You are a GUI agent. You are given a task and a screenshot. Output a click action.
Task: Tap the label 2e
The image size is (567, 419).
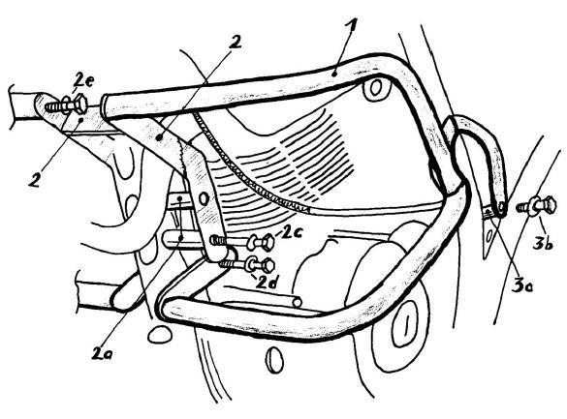click(x=84, y=79)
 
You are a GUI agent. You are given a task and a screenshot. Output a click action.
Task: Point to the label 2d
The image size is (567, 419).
click(x=267, y=283)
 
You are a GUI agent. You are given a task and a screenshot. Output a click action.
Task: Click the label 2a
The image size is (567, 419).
click(x=103, y=353)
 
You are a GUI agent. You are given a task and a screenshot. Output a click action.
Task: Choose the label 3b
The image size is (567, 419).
click(x=543, y=244)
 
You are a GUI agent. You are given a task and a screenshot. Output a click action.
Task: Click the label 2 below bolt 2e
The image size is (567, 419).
click(x=35, y=179)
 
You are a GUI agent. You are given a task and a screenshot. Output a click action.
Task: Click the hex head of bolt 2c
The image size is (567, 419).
click(x=268, y=242)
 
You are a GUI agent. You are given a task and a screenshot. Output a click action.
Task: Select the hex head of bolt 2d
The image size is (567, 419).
click(x=268, y=266)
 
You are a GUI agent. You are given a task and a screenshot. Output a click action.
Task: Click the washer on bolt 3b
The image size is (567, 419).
click(x=533, y=207)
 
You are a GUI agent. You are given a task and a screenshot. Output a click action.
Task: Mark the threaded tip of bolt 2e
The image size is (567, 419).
click(x=51, y=106)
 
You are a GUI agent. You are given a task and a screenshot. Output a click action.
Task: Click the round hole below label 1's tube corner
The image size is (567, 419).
click(x=376, y=88)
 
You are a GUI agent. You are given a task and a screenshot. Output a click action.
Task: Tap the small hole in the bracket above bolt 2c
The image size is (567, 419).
click(x=204, y=198)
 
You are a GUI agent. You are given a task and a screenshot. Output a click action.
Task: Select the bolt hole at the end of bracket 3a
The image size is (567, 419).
click(x=501, y=207)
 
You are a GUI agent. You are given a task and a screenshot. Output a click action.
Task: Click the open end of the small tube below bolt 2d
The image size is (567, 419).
click(x=297, y=303)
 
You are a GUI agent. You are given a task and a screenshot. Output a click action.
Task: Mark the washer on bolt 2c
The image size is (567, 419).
click(x=253, y=242)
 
